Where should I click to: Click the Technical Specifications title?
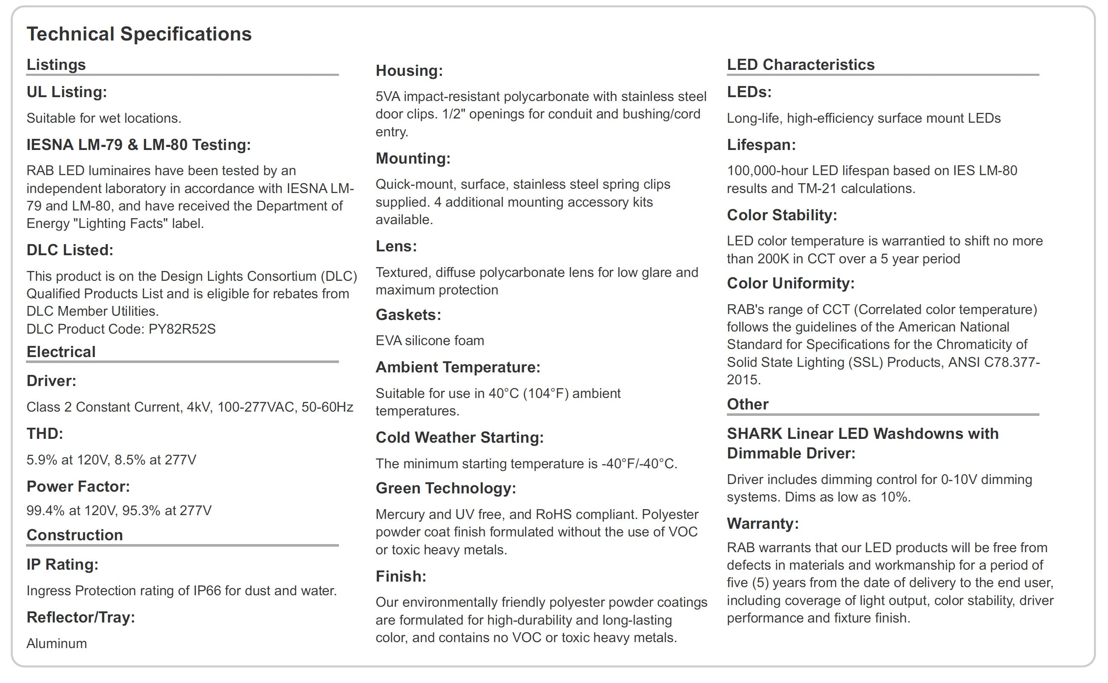coord(139,35)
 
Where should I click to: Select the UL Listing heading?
coord(67,92)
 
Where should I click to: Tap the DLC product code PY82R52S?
coord(182,329)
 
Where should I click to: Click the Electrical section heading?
coord(61,352)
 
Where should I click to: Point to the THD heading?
coord(45,434)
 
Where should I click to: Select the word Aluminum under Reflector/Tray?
coord(56,643)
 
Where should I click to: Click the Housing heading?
coord(409,71)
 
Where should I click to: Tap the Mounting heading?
coord(413,159)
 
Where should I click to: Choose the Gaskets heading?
coord(408,315)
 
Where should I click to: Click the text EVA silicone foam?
coord(430,340)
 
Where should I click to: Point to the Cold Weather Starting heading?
coord(459,438)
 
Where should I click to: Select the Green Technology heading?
coord(445,488)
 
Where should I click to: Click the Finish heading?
coord(401,576)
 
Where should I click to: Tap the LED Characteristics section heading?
coord(800,65)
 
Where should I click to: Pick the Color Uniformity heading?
coord(790,283)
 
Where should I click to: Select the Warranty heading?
coord(762,524)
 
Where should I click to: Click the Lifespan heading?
coord(761,145)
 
